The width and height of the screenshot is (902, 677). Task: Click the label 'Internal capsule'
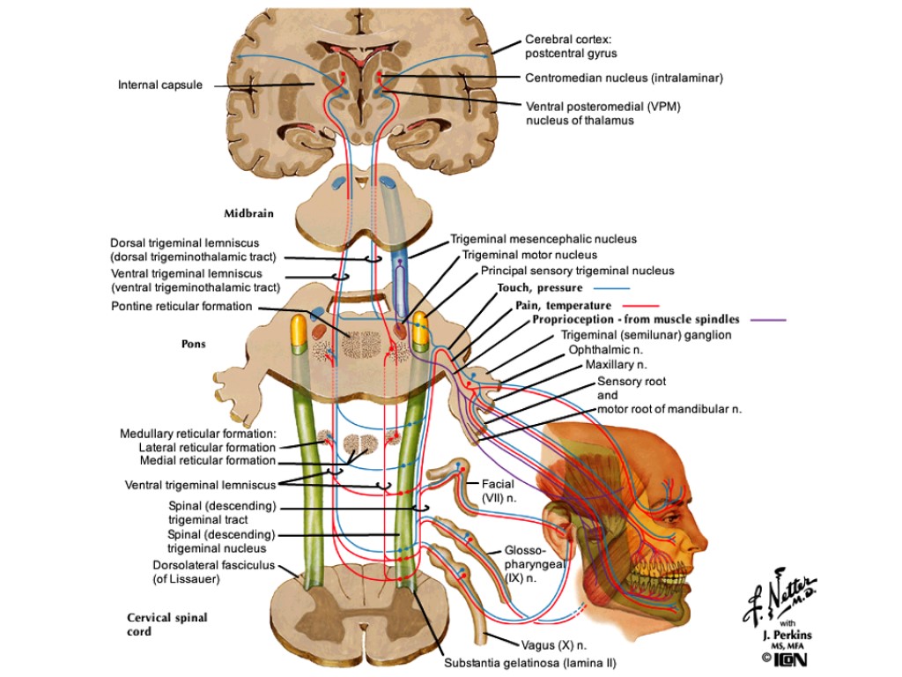click(x=160, y=86)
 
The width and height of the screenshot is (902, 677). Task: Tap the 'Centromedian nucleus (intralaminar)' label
click(x=624, y=78)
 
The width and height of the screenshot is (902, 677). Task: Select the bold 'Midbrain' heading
click(x=248, y=213)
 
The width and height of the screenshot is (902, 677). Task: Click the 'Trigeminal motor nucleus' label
click(x=542, y=255)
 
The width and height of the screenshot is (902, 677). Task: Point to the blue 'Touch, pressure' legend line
click(x=612, y=288)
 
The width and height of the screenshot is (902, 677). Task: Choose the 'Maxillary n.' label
click(x=617, y=364)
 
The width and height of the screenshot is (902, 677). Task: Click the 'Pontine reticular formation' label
click(x=181, y=307)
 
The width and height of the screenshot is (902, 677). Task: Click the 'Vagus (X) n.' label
click(x=553, y=645)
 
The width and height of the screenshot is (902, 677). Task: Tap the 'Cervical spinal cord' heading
click(x=166, y=624)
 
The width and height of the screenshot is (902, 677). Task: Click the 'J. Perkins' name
click(x=782, y=636)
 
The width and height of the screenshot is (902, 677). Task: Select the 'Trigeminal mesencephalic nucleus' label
click(x=543, y=239)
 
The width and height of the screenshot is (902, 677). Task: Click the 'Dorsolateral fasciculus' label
click(x=214, y=565)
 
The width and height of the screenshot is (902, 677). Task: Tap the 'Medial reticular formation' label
click(x=208, y=461)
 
